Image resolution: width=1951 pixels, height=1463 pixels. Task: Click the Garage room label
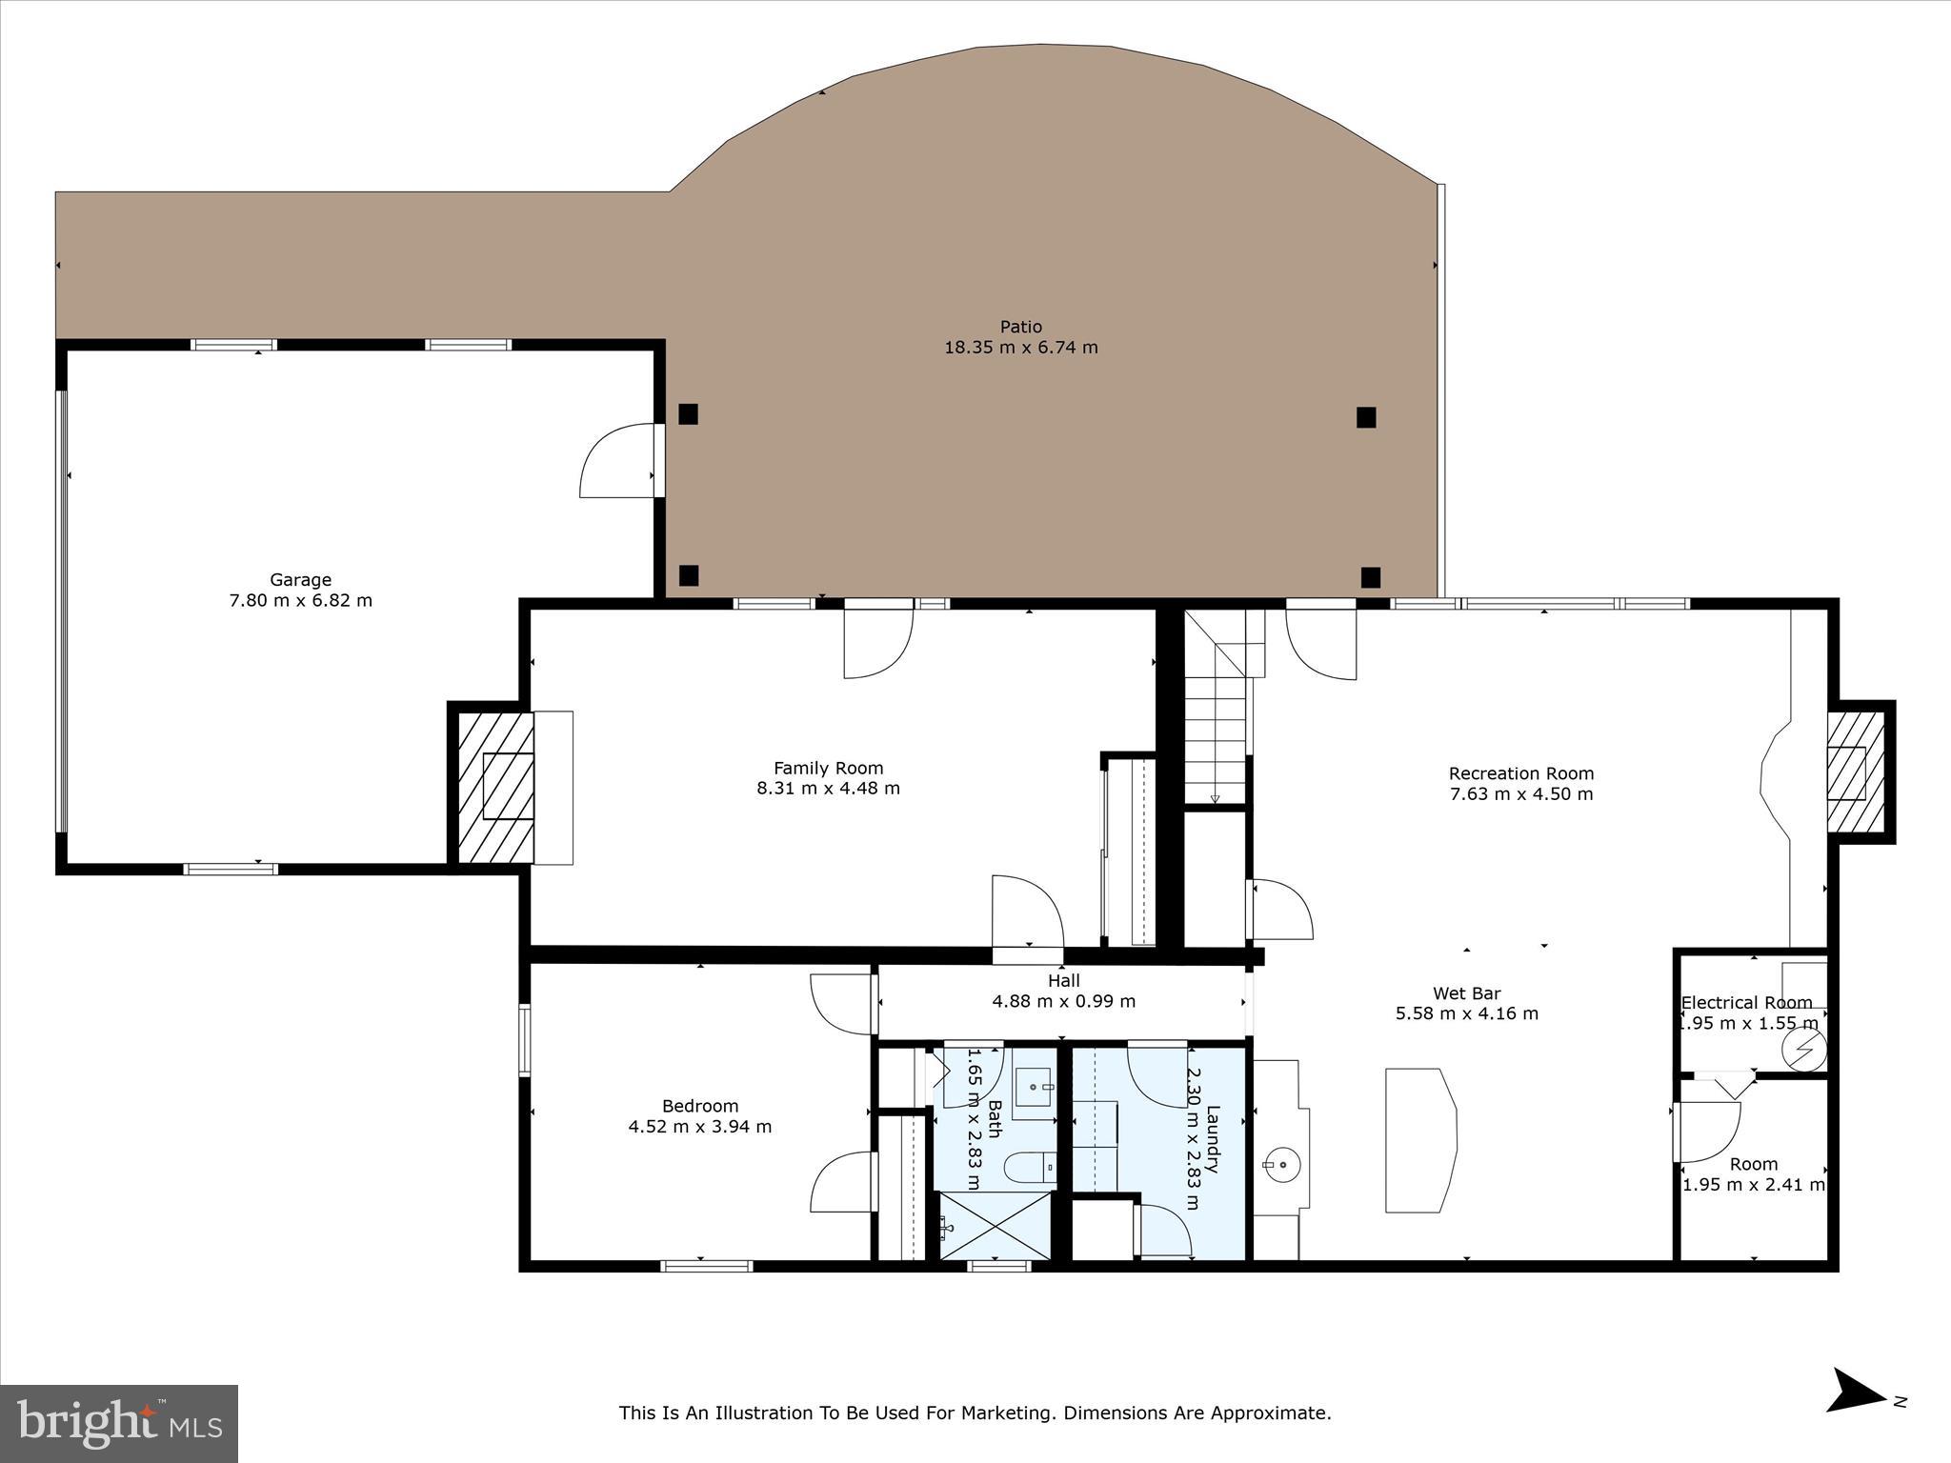coord(300,579)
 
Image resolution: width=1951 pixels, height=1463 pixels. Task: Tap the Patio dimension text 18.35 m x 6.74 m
coord(1020,348)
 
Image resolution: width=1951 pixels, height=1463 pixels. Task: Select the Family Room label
coord(828,768)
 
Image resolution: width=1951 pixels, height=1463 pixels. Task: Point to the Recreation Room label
coord(1520,773)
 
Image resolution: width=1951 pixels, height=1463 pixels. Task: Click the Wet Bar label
coord(1466,993)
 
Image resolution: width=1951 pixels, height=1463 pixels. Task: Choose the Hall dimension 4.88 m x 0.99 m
coord(1063,1001)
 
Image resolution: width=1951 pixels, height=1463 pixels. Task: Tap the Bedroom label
coord(700,1106)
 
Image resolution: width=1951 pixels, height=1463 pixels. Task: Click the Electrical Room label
coord(1746,1003)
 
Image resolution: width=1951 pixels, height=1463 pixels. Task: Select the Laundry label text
coord(1212,1138)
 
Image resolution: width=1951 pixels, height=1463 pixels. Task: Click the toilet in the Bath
coord(1029,1166)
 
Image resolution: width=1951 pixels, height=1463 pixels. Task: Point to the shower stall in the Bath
coord(995,1225)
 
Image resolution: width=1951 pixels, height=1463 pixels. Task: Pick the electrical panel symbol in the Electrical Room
coord(1802,1050)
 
